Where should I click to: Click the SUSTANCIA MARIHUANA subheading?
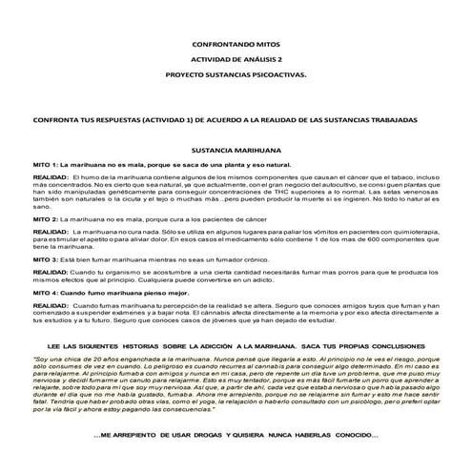[x=236, y=151]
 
